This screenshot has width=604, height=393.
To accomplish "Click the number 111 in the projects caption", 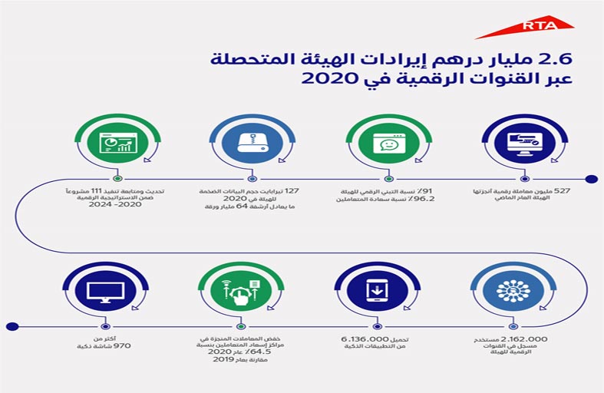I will [95, 188].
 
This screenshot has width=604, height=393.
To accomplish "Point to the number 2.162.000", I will [526, 338].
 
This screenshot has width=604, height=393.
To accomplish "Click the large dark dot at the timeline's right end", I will [591, 180].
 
